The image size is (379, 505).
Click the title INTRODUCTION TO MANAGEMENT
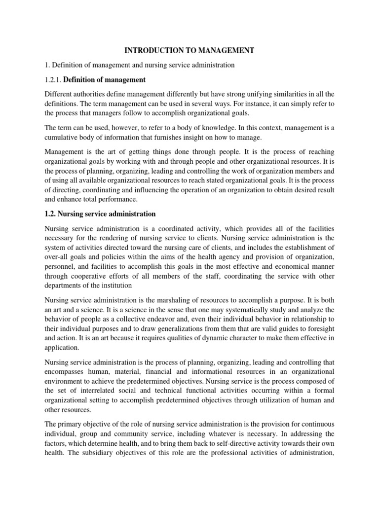189,50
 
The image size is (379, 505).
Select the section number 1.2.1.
53,79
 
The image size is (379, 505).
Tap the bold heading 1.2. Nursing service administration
100,214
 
